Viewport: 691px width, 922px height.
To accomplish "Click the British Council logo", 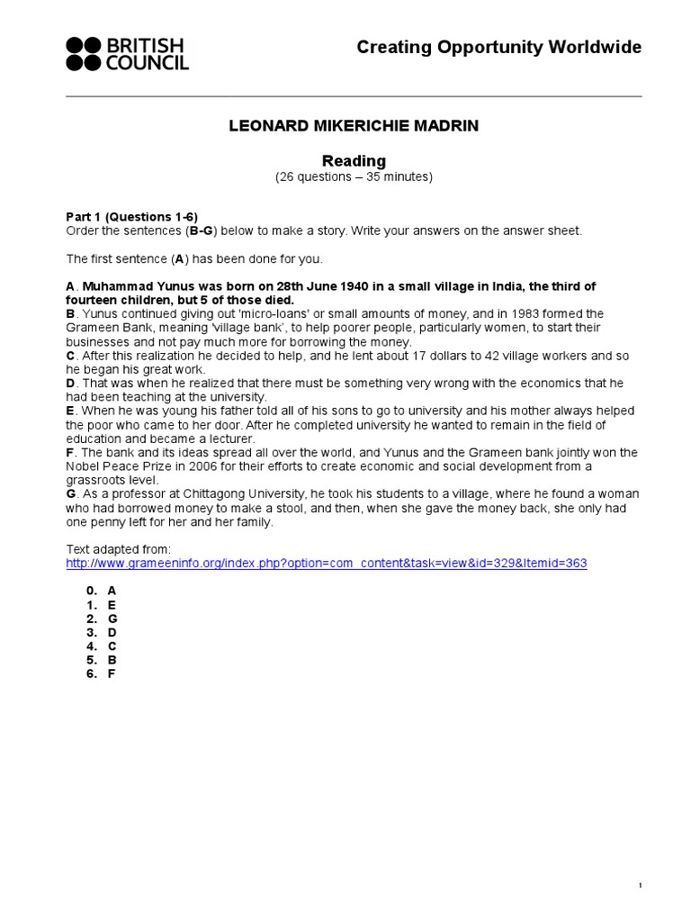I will pos(127,54).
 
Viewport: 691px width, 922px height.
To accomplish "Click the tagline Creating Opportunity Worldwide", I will pos(498,48).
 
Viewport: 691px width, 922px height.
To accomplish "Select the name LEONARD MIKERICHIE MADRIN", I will pos(354,127).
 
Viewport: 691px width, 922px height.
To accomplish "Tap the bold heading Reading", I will pos(354,161).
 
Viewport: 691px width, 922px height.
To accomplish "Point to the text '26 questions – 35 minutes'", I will pos(354,177).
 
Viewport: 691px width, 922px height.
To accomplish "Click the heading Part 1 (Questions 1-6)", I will pos(132,217).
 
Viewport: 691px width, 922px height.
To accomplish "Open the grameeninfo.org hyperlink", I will pos(327,564).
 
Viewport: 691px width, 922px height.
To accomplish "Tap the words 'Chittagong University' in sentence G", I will pos(235,494).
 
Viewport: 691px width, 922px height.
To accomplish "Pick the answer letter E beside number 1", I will pos(112,606).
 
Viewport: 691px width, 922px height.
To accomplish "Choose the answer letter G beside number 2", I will pos(112,619).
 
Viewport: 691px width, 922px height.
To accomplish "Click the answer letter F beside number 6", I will pos(112,673).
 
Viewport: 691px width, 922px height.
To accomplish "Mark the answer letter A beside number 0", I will pos(112,592).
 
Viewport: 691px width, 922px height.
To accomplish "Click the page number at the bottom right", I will pos(640,862).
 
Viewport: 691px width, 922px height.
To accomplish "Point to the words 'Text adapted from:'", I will pos(119,549).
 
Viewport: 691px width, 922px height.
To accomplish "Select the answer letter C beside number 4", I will pos(112,646).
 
